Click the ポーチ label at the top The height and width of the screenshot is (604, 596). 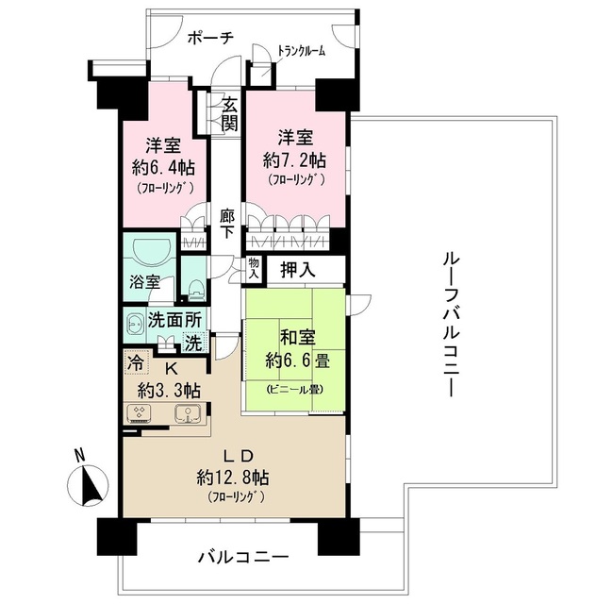[210, 39]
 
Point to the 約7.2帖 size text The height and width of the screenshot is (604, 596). [296, 157]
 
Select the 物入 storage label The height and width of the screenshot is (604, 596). [253, 268]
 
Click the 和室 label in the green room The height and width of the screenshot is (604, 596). [292, 336]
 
